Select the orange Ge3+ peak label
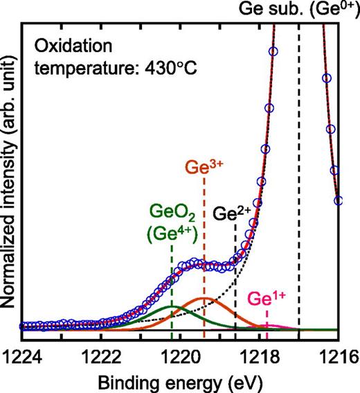(x=204, y=168)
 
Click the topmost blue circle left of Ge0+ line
(x=273, y=51)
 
